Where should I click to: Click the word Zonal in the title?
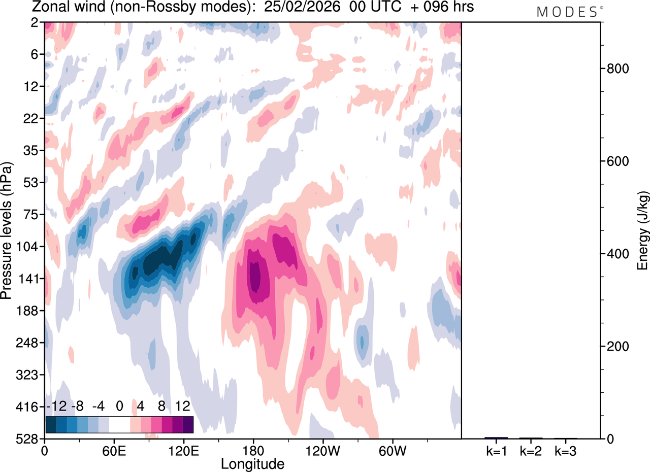(45, 8)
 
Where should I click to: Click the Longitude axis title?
(252, 463)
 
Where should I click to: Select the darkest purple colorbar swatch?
(188, 424)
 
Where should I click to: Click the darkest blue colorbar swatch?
(51, 424)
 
